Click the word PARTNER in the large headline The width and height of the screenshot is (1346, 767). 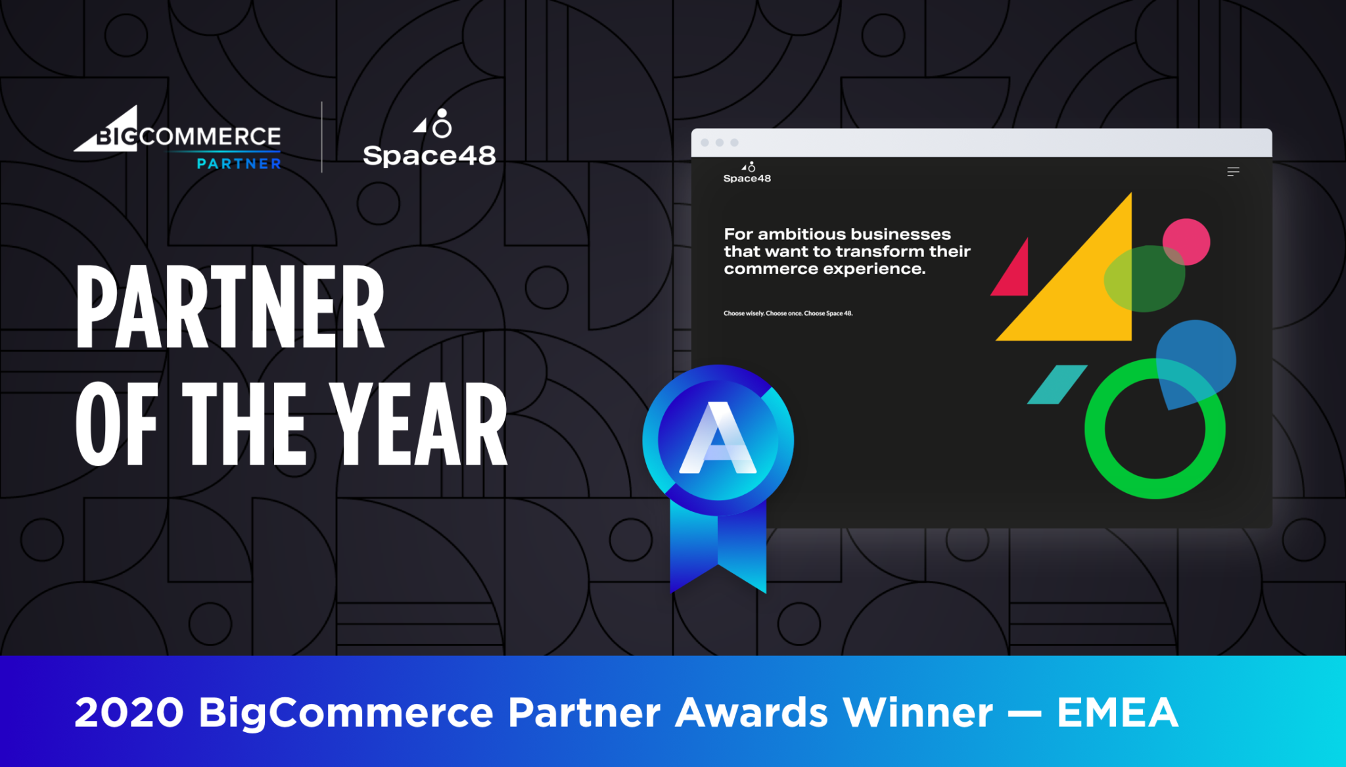tap(230, 307)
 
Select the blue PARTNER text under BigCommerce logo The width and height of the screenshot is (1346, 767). tap(239, 164)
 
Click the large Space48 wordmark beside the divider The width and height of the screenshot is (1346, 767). tap(429, 156)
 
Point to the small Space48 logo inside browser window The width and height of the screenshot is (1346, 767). tap(747, 174)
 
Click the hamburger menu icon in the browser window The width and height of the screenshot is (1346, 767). tap(1233, 172)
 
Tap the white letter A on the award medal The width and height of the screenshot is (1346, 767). tap(718, 438)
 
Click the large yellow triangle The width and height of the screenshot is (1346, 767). tap(1084, 296)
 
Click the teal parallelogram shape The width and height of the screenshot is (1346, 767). tap(1057, 384)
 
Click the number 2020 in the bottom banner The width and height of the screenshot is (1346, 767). tap(129, 712)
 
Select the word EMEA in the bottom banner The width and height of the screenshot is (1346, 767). tap(1117, 712)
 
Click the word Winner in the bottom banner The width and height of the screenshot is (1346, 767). tap(918, 712)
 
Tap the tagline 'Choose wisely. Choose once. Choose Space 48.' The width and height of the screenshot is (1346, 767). tap(788, 314)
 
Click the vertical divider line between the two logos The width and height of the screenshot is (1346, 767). tap(321, 137)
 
